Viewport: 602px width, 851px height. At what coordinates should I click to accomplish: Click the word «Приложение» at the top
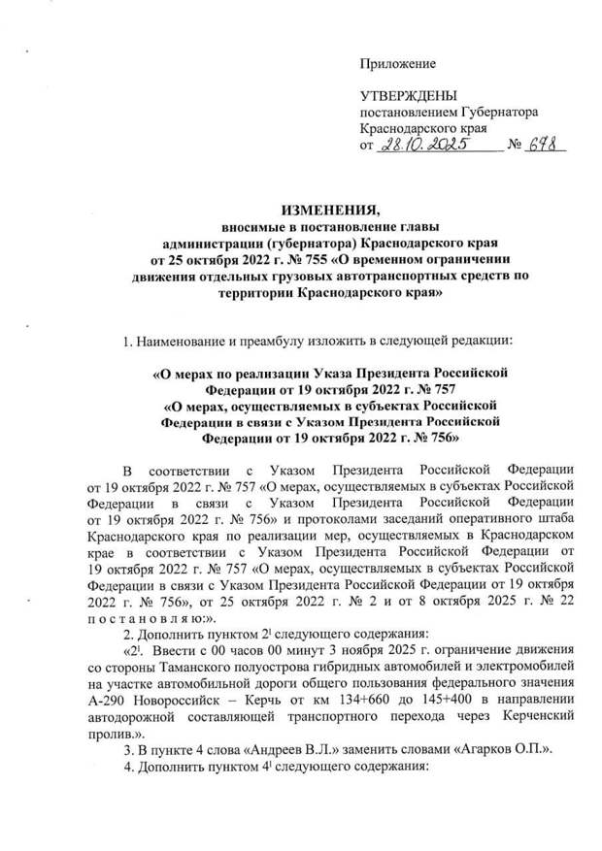coord(398,64)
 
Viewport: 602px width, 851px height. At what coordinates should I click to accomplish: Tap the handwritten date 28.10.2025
coord(422,146)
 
